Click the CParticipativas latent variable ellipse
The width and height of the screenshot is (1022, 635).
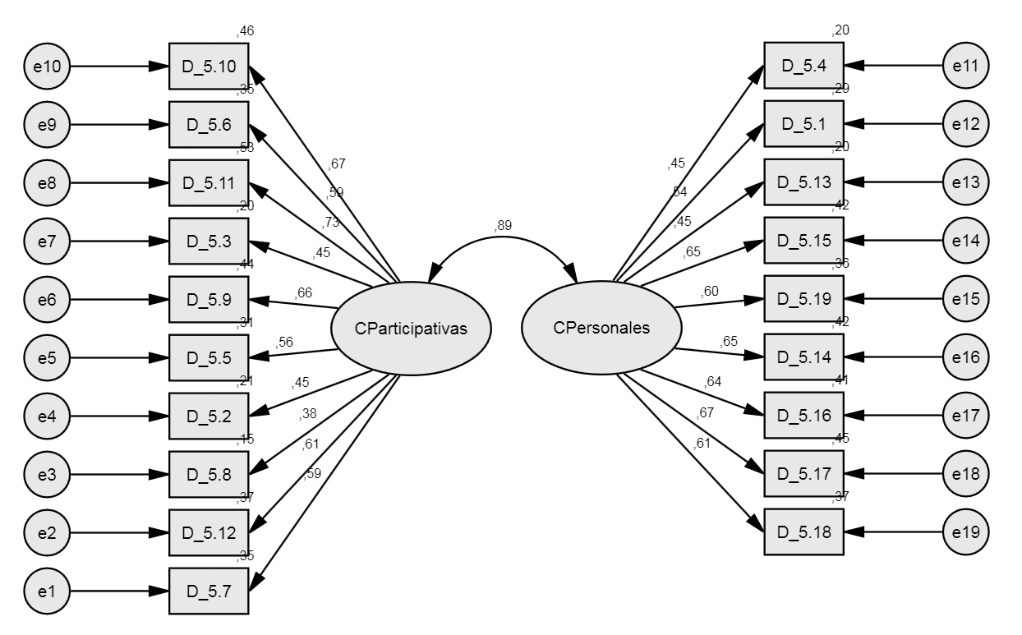[x=411, y=329]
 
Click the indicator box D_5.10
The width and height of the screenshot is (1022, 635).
[x=209, y=66]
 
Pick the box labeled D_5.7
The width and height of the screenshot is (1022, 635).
[x=209, y=590]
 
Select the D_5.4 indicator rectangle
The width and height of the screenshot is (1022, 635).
[x=803, y=66]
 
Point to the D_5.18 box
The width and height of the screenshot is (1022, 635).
[x=803, y=531]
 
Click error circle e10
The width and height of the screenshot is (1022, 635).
[x=47, y=66]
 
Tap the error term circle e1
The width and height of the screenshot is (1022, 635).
[x=47, y=590]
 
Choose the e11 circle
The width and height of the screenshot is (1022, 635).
[x=966, y=66]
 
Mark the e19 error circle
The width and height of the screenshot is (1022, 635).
[x=966, y=531]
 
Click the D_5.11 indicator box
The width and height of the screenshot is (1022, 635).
[x=209, y=182]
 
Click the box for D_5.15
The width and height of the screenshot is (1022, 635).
[x=803, y=241]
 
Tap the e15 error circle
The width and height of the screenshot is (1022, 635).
[x=966, y=299]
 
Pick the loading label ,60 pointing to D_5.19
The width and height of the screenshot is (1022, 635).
[x=710, y=291]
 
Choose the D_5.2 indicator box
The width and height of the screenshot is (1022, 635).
[x=209, y=416]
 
